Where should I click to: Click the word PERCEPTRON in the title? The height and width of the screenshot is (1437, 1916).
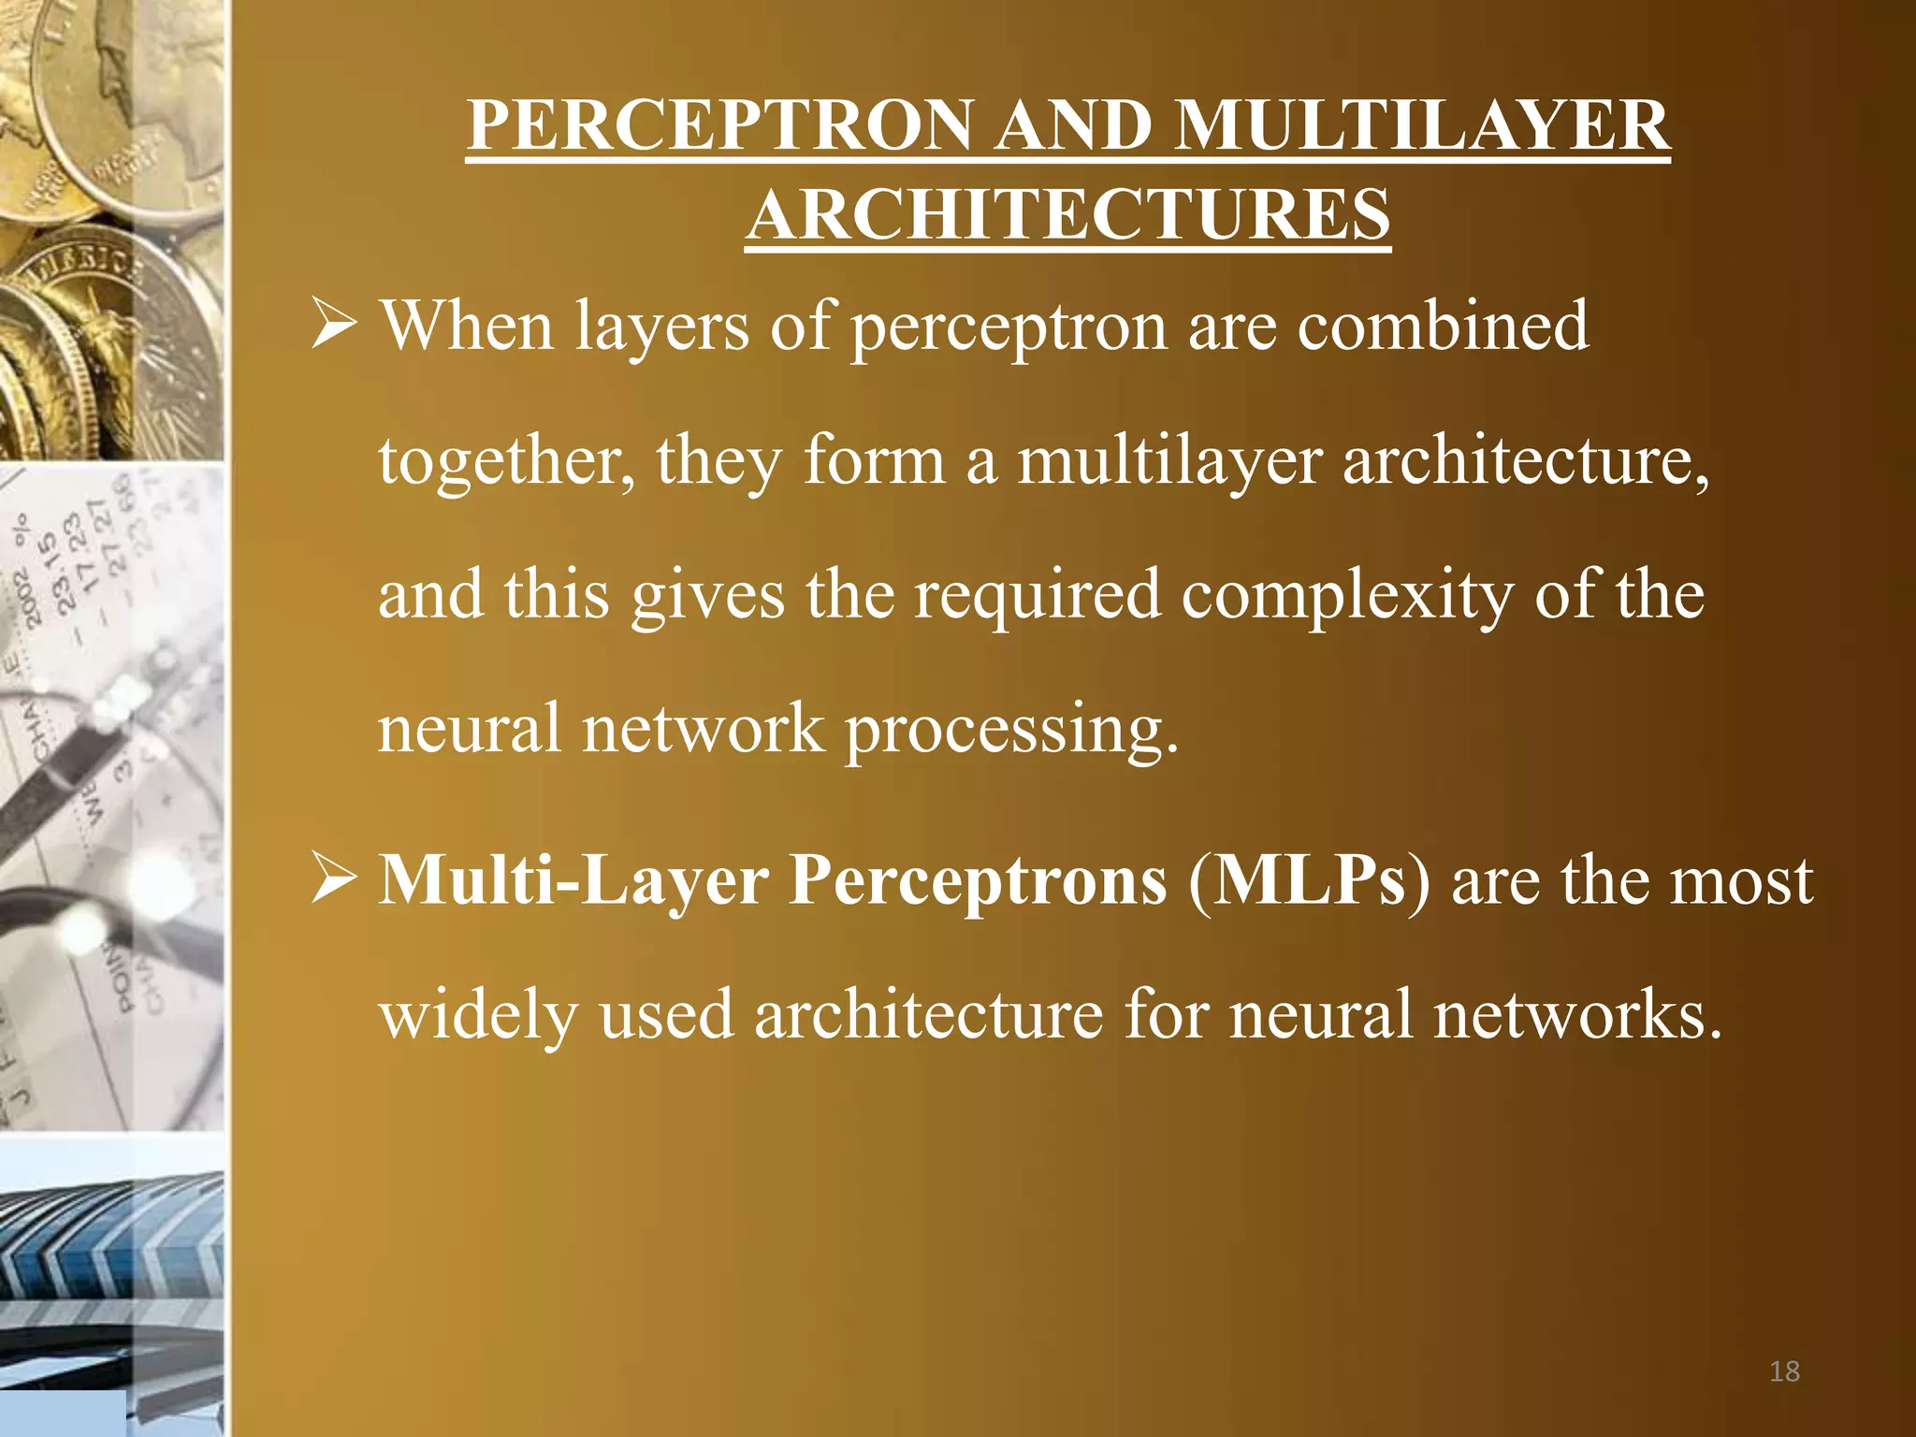pos(720,125)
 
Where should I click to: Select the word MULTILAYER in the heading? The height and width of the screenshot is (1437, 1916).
pos(1422,125)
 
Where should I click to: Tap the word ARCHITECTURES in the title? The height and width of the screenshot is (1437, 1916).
pos(1068,215)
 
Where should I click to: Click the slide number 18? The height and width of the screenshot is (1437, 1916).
pos(1784,1372)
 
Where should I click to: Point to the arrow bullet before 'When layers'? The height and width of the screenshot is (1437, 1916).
pos(334,326)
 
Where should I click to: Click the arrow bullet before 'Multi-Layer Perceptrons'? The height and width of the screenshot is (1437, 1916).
pos(334,881)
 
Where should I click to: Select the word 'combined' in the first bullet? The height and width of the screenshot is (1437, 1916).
pos(1443,326)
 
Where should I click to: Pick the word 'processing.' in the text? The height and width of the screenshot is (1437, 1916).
pos(1012,729)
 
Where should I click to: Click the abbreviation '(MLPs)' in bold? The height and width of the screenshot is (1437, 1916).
pos(1309,881)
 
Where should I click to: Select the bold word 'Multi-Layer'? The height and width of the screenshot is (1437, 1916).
pos(573,881)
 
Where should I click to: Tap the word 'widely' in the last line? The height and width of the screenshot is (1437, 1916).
pos(478,1015)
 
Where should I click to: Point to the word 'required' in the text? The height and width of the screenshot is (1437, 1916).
pos(1038,594)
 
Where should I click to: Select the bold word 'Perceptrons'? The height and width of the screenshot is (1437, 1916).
pos(979,881)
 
